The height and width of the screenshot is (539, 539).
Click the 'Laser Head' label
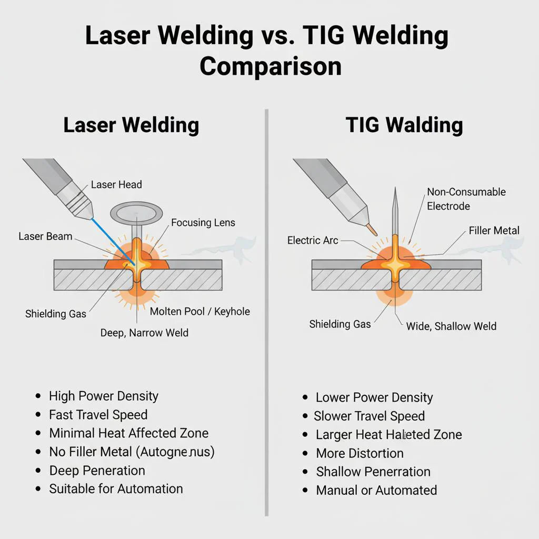pyautogui.click(x=116, y=185)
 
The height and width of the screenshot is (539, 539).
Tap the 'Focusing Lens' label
pyautogui.click(x=203, y=223)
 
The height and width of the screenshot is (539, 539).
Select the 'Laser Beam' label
pyautogui.click(x=45, y=236)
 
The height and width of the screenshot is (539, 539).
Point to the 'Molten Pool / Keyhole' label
pyautogui.click(x=200, y=312)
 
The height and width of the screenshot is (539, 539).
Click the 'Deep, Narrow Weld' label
pyautogui.click(x=144, y=333)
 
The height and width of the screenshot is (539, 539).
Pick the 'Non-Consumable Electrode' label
pyautogui.click(x=466, y=199)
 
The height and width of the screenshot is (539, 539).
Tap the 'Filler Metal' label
pyautogui.click(x=494, y=231)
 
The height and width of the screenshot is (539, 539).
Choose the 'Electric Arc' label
pyautogui.click(x=313, y=241)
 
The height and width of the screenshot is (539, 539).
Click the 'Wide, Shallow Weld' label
pyautogui.click(x=451, y=326)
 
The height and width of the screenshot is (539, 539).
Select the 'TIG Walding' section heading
pyautogui.click(x=404, y=125)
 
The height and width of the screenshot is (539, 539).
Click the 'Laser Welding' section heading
pyautogui.click(x=131, y=125)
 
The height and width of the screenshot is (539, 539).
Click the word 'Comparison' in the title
pyautogui.click(x=271, y=67)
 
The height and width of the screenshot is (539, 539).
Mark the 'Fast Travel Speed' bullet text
pyautogui.click(x=98, y=415)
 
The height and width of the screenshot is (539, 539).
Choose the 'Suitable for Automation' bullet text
pyautogui.click(x=116, y=488)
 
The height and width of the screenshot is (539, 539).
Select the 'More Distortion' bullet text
pyautogui.click(x=360, y=453)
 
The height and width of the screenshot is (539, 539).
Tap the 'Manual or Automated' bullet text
pyautogui.click(x=376, y=491)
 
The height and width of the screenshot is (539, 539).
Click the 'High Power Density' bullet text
pyautogui.click(x=104, y=396)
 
